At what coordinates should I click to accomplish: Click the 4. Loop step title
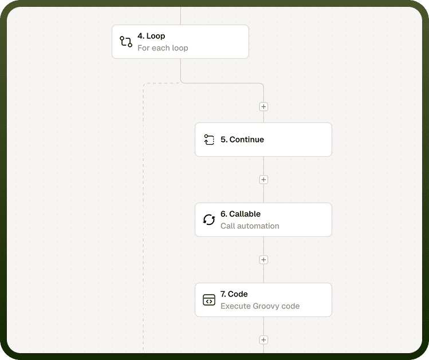point(151,36)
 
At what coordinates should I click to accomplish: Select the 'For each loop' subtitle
point(163,48)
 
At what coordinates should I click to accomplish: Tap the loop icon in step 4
point(126,42)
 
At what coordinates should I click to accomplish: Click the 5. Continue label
point(242,140)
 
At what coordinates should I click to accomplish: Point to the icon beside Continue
point(209,140)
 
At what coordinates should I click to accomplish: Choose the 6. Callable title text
point(241,213)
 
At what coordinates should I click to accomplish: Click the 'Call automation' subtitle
point(250,226)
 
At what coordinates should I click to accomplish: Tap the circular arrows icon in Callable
point(209,220)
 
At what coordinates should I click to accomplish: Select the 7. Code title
point(234,294)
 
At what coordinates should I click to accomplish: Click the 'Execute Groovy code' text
point(260,306)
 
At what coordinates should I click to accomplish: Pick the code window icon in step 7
point(209,299)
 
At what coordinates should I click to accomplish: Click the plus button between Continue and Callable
point(263,180)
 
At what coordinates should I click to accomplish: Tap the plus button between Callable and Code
point(263,260)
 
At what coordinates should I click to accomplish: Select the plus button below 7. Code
point(263,340)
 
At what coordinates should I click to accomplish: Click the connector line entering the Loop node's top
point(180,16)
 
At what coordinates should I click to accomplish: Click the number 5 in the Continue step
point(223,140)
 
